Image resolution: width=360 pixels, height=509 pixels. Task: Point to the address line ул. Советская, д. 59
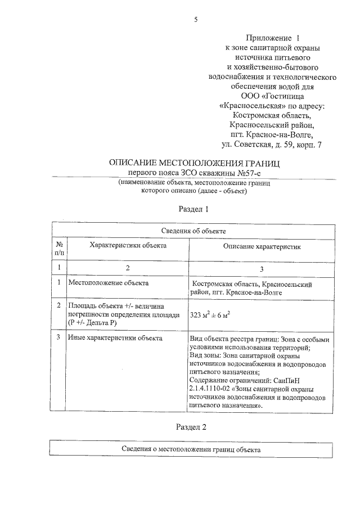[x=258, y=145]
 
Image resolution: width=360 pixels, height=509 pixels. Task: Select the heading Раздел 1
[x=193, y=209]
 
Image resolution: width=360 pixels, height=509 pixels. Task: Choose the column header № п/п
[x=59, y=248]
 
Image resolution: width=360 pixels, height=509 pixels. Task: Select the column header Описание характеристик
[x=262, y=246]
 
